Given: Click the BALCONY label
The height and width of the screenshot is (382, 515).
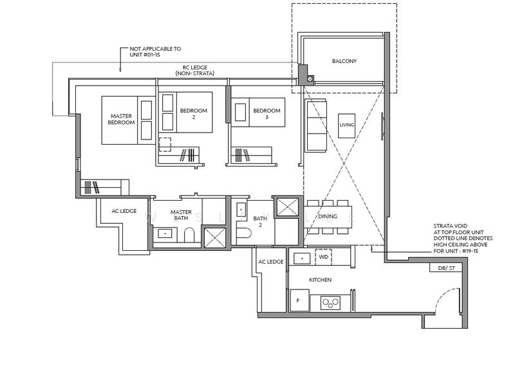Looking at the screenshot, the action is (x=344, y=61).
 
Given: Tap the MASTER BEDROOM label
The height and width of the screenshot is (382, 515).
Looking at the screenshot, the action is (x=121, y=119).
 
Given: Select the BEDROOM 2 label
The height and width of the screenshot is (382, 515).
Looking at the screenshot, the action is (x=194, y=114).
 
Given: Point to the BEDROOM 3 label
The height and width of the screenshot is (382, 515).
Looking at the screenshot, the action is (x=267, y=114).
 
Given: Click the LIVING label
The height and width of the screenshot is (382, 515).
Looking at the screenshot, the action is (x=346, y=125).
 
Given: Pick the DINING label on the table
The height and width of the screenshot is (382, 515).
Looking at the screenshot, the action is (x=328, y=216).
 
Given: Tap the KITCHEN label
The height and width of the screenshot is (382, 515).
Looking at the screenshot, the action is (x=320, y=280).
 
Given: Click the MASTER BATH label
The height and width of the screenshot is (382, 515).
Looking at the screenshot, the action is (x=181, y=215).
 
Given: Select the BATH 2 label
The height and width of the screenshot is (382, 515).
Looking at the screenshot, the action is (x=260, y=221).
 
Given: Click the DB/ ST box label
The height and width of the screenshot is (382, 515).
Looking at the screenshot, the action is (x=446, y=268).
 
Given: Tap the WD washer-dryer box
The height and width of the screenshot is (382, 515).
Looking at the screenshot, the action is (x=324, y=257).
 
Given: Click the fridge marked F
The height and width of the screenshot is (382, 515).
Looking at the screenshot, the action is (x=299, y=300).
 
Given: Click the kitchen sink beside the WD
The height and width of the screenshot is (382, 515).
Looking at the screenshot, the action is (x=302, y=259).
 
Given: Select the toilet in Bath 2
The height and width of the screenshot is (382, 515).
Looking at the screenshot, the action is (x=244, y=233).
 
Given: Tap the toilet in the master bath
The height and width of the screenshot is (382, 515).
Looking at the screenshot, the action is (x=189, y=235).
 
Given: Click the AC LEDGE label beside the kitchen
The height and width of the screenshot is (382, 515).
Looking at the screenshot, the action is (x=270, y=262).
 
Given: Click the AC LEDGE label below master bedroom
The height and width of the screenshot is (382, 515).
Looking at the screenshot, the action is (x=124, y=211).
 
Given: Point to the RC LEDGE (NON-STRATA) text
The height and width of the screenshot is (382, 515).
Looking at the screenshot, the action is (x=194, y=71).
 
